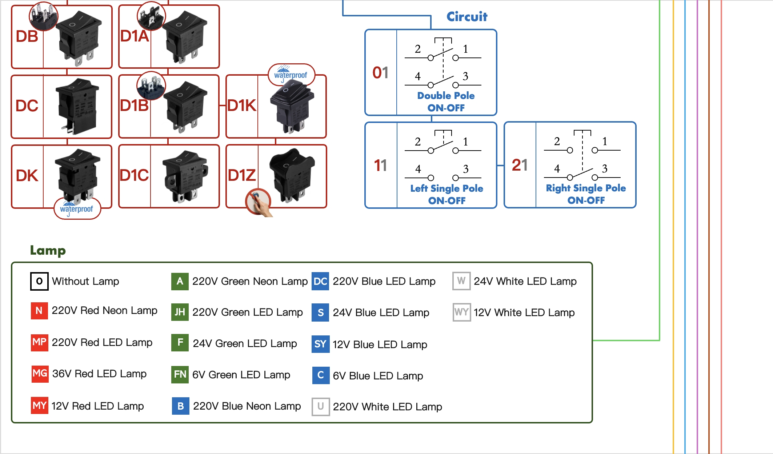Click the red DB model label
[27, 36]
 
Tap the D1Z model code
[242, 175]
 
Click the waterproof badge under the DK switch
[77, 209]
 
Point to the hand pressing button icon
[259, 202]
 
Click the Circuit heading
[467, 17]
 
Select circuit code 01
[380, 73]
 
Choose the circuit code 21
[520, 165]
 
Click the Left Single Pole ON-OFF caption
[446, 194]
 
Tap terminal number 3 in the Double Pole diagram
[465, 76]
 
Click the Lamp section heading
[48, 251]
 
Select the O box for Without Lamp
[39, 281]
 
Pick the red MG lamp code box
[40, 374]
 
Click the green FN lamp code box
[180, 374]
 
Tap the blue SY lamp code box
[320, 344]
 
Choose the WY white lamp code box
[461, 312]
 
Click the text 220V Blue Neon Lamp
[247, 406]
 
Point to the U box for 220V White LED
[320, 406]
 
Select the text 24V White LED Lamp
[525, 281]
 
